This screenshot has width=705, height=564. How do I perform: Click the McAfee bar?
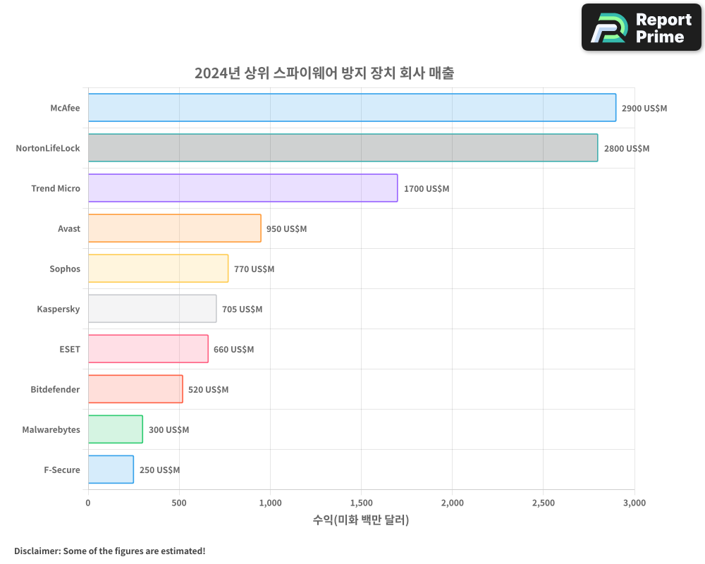click(352, 108)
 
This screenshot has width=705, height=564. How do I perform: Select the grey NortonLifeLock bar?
click(343, 148)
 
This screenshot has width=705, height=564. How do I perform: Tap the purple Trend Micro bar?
click(243, 188)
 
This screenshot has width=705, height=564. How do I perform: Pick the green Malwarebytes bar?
click(115, 429)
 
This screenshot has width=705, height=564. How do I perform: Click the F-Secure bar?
click(111, 470)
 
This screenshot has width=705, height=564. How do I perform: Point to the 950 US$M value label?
click(286, 229)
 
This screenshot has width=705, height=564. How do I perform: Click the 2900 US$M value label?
click(644, 109)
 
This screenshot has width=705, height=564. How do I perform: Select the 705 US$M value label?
click(242, 309)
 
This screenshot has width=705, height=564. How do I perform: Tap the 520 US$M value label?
click(208, 390)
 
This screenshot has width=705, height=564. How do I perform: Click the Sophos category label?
click(65, 269)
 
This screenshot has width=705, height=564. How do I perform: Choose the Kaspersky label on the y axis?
click(59, 309)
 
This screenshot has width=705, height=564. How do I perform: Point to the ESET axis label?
click(70, 350)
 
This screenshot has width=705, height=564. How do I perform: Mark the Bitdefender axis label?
click(55, 390)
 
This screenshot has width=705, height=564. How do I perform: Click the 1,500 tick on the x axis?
click(361, 503)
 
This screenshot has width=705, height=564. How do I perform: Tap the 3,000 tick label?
click(634, 503)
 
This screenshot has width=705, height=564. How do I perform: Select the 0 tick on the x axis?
click(88, 503)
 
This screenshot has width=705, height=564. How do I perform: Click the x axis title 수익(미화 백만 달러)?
click(361, 520)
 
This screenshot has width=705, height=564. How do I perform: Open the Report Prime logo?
click(642, 27)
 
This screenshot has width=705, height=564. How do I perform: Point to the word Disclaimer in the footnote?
click(36, 551)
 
